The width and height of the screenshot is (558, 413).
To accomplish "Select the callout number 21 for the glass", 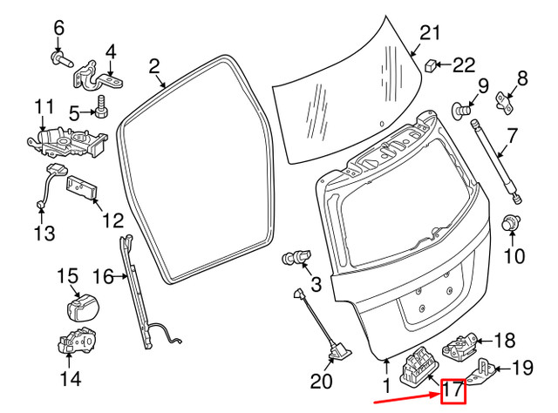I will click(x=425, y=34).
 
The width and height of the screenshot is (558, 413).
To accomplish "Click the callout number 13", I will click(x=44, y=233).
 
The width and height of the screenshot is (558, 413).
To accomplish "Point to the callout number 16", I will click(x=104, y=277).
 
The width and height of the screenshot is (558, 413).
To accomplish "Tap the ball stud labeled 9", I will click(x=462, y=109).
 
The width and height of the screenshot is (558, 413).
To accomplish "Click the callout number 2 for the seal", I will click(x=154, y=65).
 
